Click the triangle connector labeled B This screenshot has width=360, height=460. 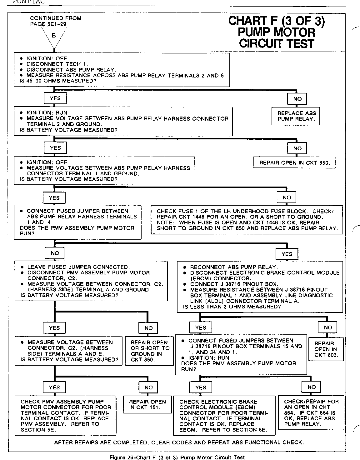click(x=54, y=36)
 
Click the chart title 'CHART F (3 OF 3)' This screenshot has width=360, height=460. click(x=277, y=21)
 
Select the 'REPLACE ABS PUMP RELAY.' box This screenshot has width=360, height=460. click(x=297, y=116)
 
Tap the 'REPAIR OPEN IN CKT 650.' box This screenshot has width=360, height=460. click(x=294, y=162)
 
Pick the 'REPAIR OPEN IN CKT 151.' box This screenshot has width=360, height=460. click(x=147, y=404)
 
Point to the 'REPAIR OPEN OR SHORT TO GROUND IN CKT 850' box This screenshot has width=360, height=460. click(x=150, y=351)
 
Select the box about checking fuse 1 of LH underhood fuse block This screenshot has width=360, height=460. click(x=247, y=220)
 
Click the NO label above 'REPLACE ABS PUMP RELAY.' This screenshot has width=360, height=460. click(x=297, y=99)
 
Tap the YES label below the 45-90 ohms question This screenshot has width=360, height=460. click(x=55, y=98)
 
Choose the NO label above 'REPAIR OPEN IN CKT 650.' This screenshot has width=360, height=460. click(x=297, y=148)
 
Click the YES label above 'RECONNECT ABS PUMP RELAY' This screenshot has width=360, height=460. click(x=287, y=254)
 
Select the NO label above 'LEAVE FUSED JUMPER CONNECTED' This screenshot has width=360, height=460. click(x=55, y=253)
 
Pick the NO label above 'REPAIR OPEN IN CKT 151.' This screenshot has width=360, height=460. click(x=148, y=387)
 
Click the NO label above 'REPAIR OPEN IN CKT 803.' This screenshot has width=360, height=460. click(x=328, y=327)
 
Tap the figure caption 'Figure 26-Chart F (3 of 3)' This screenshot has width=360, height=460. click(x=177, y=457)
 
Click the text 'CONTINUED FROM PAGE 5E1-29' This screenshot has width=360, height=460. click(x=55, y=21)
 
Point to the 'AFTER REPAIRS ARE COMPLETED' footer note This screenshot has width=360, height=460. click(x=178, y=442)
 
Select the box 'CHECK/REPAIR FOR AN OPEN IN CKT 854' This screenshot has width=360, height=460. click(x=311, y=412)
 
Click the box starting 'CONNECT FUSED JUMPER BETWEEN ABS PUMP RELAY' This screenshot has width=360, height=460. click(x=77, y=222)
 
